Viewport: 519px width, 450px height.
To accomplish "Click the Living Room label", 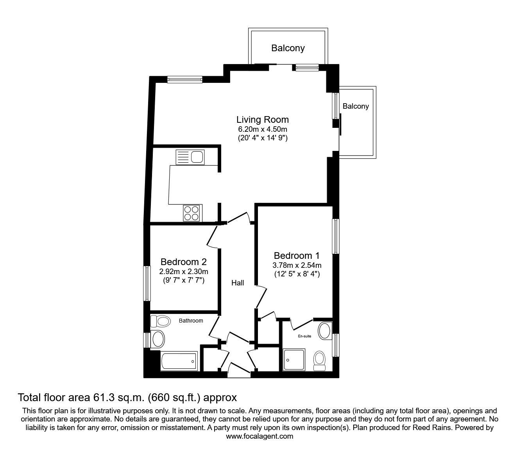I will pyautogui.click(x=262, y=120).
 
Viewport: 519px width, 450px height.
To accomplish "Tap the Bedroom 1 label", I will pyautogui.click(x=297, y=256).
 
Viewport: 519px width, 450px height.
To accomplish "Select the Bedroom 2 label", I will pyautogui.click(x=183, y=262).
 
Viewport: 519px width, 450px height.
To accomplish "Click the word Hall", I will pyautogui.click(x=238, y=283).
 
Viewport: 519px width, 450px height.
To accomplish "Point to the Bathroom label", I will pyautogui.click(x=191, y=321).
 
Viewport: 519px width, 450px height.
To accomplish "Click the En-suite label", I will pyautogui.click(x=304, y=336).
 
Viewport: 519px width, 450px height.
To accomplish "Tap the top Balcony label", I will pyautogui.click(x=288, y=48).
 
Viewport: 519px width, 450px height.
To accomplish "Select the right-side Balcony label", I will pyautogui.click(x=356, y=106).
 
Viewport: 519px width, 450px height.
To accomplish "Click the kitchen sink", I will pyautogui.click(x=190, y=157).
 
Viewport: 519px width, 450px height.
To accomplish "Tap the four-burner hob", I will pyautogui.click(x=191, y=213).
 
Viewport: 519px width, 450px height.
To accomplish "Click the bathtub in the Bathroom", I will pyautogui.click(x=179, y=361).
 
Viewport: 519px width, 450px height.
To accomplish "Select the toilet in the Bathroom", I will pyautogui.click(x=161, y=321).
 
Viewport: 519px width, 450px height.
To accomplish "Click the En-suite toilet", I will pyautogui.click(x=320, y=360).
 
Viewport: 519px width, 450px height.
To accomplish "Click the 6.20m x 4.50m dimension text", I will pyautogui.click(x=262, y=129).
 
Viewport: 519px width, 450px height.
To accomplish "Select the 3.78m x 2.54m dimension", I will pyautogui.click(x=297, y=265).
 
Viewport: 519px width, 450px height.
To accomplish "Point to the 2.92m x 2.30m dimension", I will pyautogui.click(x=183, y=271).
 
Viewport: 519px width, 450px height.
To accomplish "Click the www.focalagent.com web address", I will pyautogui.click(x=259, y=436).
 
